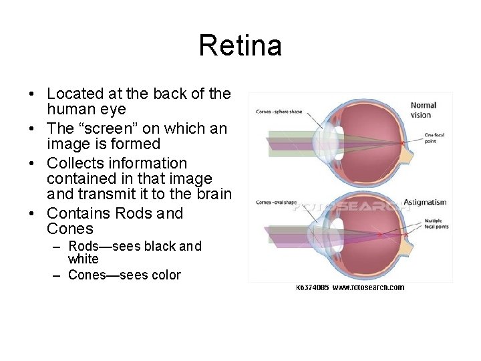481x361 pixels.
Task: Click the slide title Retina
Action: click(x=240, y=46)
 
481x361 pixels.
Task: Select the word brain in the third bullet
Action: click(x=213, y=195)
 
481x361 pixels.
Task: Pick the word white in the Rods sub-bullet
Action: click(x=83, y=258)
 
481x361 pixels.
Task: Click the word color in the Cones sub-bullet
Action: click(x=164, y=275)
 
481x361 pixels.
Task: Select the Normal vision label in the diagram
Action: click(x=424, y=110)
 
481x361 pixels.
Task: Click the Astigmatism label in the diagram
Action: click(x=425, y=202)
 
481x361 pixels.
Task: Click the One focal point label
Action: click(x=435, y=138)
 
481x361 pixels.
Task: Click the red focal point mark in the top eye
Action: click(x=402, y=142)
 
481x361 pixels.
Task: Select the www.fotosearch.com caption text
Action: click(x=367, y=287)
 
